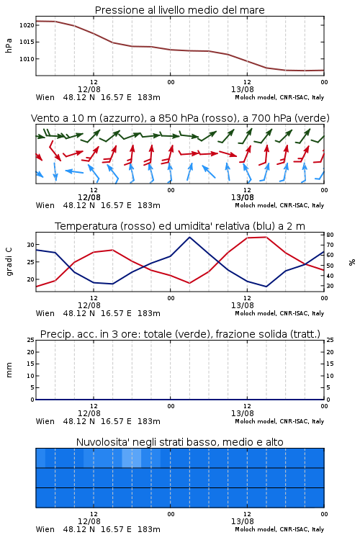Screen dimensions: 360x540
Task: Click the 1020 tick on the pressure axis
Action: click(x=27, y=25)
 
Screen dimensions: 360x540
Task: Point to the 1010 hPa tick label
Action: click(x=27, y=59)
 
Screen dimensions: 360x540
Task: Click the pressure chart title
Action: click(x=180, y=10)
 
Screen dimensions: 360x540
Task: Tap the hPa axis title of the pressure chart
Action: click(x=9, y=45)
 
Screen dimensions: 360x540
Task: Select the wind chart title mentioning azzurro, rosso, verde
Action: click(x=180, y=118)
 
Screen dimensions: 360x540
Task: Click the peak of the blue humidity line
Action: click(x=189, y=238)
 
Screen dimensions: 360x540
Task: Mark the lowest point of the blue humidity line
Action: click(x=266, y=287)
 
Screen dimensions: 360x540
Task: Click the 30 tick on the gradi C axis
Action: click(x=30, y=245)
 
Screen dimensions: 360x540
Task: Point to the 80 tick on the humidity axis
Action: click(x=330, y=235)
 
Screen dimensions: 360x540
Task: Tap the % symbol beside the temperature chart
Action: click(x=352, y=262)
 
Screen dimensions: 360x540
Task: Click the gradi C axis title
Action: click(x=9, y=262)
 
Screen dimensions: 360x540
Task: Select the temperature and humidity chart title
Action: click(x=180, y=226)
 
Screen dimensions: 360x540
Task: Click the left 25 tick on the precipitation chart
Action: click(x=31, y=340)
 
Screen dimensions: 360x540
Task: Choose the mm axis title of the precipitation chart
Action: click(x=9, y=370)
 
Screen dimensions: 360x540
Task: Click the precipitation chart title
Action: click(x=180, y=334)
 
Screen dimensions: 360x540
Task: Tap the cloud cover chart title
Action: click(x=180, y=442)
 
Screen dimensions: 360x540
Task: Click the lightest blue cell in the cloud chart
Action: click(x=132, y=458)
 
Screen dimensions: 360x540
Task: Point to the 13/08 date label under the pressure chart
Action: click(x=243, y=89)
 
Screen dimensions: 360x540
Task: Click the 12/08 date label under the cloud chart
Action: click(x=89, y=521)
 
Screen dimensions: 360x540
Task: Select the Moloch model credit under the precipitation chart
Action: click(x=279, y=421)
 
